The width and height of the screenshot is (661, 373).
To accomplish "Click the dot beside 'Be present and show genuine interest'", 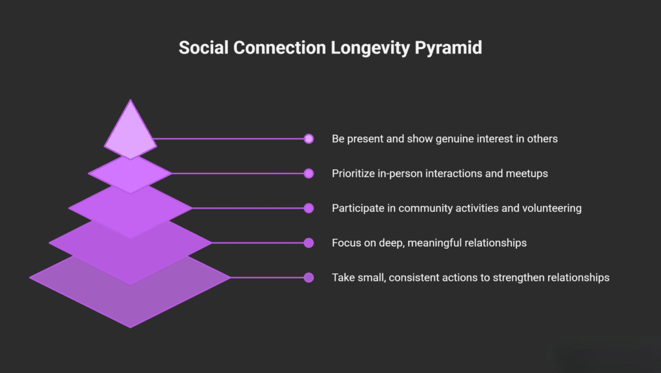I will tap(309, 139).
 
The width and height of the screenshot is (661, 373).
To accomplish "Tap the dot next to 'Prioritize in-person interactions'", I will tap(309, 173).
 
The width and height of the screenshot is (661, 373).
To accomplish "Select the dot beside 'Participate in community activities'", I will tap(309, 208).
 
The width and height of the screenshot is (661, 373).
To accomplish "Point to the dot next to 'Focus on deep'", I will tap(309, 243).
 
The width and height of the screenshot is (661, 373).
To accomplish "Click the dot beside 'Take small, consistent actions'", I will tap(309, 278).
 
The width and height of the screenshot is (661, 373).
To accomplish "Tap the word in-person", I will tap(402, 173).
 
